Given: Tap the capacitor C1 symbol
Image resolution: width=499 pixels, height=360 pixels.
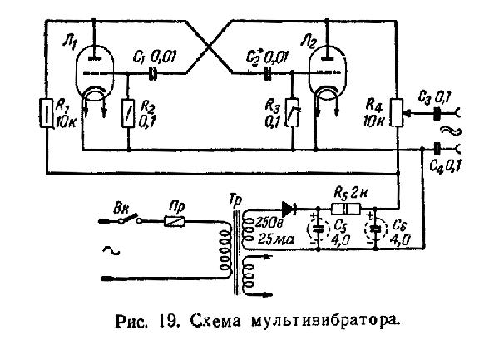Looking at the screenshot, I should pyautogui.click(x=152, y=74).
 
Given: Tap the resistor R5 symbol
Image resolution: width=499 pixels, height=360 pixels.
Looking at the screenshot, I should pyautogui.click(x=345, y=210).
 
